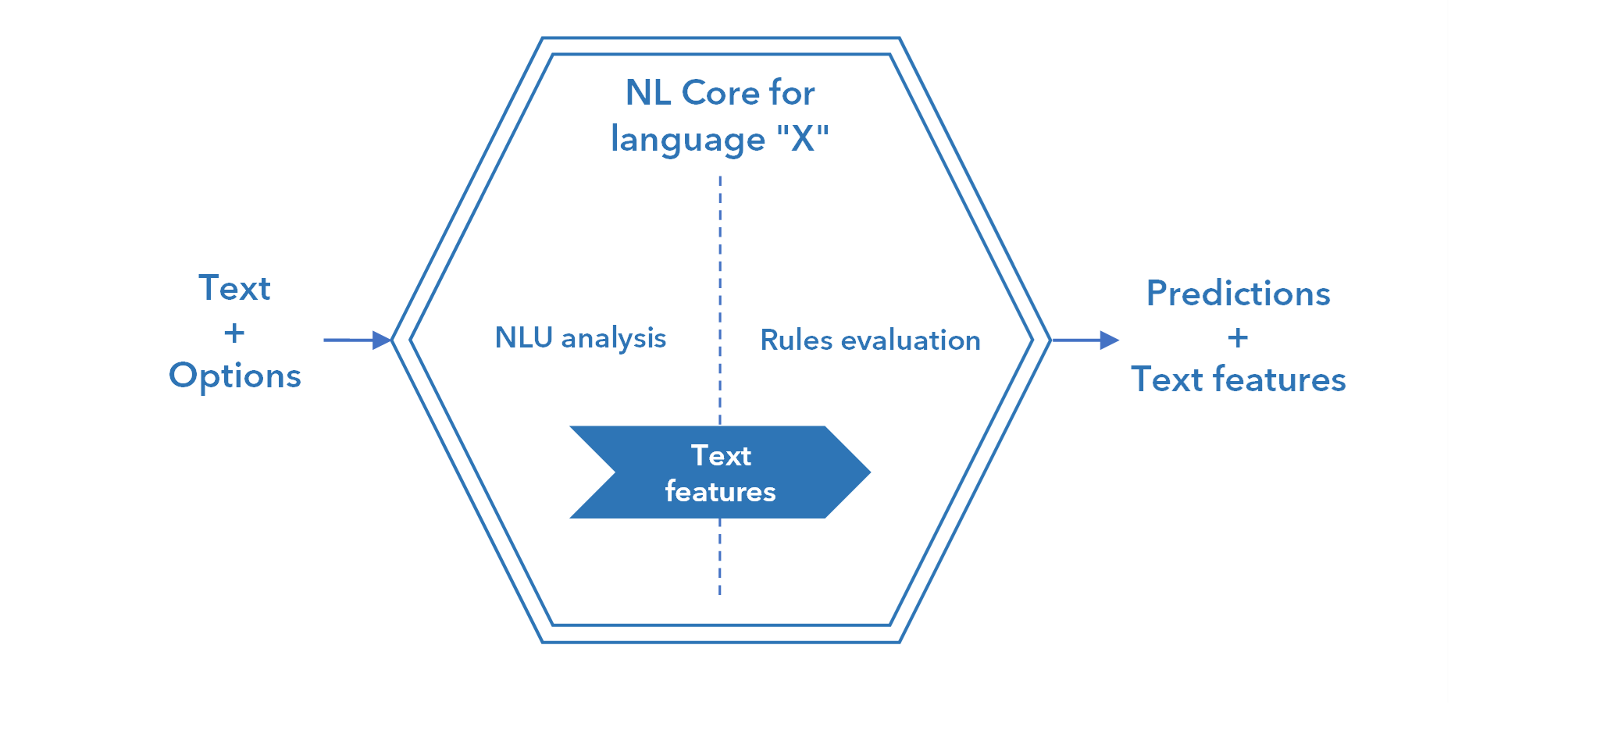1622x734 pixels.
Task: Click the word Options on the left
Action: click(x=235, y=376)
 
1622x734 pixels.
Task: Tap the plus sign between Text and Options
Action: click(x=234, y=333)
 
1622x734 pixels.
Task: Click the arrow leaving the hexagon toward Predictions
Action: click(x=1085, y=340)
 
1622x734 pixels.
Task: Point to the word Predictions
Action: click(x=1238, y=294)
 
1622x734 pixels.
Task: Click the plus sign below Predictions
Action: click(x=1238, y=337)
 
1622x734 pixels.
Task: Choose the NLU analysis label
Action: click(x=580, y=338)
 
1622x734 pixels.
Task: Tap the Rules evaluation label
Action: click(x=870, y=340)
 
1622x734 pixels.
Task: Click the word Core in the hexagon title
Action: click(x=721, y=93)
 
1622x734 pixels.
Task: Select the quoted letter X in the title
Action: click(x=803, y=139)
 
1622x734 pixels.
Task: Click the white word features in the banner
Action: click(x=720, y=492)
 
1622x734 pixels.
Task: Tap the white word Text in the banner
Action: click(x=721, y=455)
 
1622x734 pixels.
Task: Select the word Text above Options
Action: click(x=234, y=288)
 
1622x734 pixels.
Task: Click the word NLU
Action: click(x=523, y=337)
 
